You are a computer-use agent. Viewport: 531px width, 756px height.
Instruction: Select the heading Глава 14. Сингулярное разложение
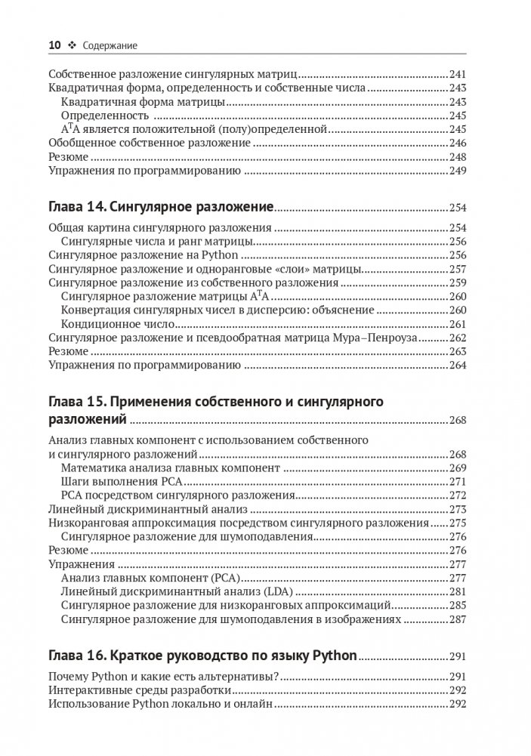[x=160, y=206]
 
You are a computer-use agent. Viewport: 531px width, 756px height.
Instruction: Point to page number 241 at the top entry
[x=459, y=75]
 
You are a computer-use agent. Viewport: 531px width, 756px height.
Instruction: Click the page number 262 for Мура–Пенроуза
[x=459, y=338]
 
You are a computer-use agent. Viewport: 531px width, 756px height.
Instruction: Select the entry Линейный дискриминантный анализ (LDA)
[x=157, y=591]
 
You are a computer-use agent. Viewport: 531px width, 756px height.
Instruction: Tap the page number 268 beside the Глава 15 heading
[x=459, y=421]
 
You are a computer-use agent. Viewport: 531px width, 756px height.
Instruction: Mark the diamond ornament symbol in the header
[x=73, y=46]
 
